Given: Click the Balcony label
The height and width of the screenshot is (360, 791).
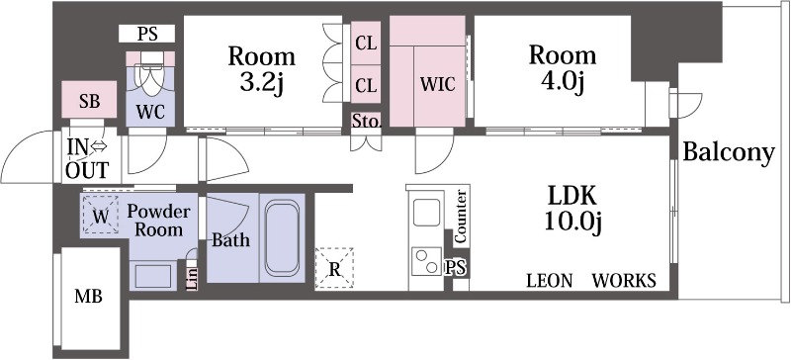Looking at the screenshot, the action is (729, 152).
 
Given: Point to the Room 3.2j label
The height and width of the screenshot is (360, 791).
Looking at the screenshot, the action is (261, 68).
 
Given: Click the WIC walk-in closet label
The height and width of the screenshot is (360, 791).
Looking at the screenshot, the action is (438, 84).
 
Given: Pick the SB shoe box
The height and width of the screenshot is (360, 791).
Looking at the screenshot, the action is (90, 101).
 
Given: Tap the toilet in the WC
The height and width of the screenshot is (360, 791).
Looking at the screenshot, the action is (150, 72).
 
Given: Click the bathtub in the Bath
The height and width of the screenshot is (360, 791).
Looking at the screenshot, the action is (282, 237).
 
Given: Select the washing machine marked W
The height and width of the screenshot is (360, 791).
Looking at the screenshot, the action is (101, 215).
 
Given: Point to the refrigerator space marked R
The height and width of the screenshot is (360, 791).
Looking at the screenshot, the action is (334, 269).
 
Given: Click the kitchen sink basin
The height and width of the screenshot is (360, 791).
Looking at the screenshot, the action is (426, 212).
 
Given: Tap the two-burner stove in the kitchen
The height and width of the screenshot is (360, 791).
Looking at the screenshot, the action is (426, 261).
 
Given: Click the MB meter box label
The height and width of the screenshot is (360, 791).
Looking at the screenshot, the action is (88, 297).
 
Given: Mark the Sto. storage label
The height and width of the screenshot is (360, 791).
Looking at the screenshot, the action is (367, 121).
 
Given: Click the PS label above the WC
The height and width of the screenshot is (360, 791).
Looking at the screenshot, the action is (147, 34).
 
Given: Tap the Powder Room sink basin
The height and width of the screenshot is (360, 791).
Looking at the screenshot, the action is (153, 276).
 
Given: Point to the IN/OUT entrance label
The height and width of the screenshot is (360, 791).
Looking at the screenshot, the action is (87, 158).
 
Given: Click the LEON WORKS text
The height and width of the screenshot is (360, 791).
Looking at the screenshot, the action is (591, 280).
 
